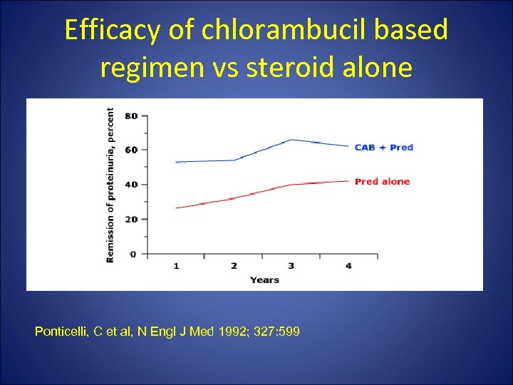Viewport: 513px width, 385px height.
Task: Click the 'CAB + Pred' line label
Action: tap(384, 148)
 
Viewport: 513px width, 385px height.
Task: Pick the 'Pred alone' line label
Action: tap(382, 182)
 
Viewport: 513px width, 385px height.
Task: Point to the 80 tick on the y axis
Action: tap(132, 115)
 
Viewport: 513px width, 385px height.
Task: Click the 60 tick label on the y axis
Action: tap(132, 150)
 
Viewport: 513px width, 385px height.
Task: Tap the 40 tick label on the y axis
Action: tap(132, 185)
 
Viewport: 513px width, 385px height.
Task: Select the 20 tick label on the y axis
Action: tap(132, 220)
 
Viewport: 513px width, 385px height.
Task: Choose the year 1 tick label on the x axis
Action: tap(176, 266)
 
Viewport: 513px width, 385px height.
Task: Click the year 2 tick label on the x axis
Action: tap(234, 266)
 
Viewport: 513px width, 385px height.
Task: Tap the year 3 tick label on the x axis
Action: tap(291, 266)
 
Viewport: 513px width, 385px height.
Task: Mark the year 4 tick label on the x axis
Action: tap(348, 266)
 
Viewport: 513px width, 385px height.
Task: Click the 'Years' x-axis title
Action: tap(264, 279)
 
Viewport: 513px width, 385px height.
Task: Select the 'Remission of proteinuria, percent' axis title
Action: tap(110, 185)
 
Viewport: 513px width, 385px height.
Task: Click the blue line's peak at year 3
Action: tap(291, 140)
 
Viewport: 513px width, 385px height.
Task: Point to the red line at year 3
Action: tap(291, 185)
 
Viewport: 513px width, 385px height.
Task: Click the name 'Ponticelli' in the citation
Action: tap(61, 332)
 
